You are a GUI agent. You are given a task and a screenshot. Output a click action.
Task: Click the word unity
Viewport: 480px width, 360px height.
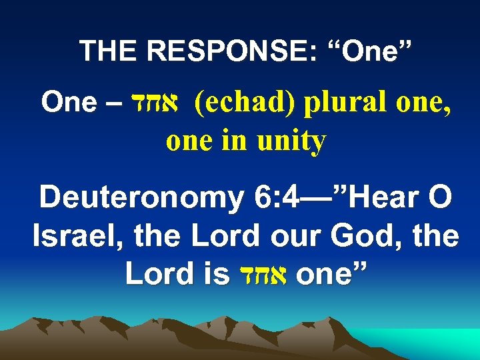pos(293,141)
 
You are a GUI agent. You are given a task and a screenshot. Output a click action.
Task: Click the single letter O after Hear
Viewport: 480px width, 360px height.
pos(441,199)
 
